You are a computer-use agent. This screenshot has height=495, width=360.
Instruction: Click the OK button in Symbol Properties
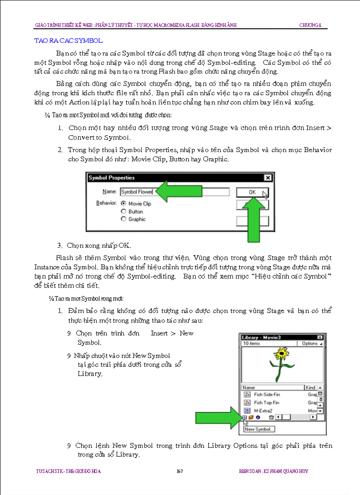(x=252, y=192)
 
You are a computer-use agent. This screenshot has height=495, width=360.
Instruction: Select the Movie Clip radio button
(x=124, y=204)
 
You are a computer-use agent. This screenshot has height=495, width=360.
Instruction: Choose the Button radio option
(x=124, y=212)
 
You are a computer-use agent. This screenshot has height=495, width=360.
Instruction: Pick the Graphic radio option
(x=124, y=219)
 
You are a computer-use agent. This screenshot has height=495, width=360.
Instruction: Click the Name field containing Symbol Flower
(x=174, y=192)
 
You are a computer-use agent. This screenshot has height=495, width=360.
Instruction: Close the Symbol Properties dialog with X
(x=267, y=178)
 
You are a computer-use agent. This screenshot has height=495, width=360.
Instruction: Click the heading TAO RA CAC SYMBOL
(x=68, y=41)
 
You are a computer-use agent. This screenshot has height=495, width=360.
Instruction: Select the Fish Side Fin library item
(x=266, y=395)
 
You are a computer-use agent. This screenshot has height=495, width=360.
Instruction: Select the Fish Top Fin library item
(x=266, y=402)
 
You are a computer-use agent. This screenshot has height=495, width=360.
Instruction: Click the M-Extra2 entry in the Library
(x=263, y=410)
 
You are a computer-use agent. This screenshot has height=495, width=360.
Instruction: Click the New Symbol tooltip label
(x=259, y=429)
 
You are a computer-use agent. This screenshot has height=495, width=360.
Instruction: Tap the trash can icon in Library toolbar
(x=272, y=417)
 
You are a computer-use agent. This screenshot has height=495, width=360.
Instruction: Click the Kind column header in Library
(x=311, y=387)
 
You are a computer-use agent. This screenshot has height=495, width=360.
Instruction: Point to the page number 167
(x=180, y=471)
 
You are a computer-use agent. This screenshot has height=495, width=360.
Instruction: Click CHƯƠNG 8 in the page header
(x=313, y=25)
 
